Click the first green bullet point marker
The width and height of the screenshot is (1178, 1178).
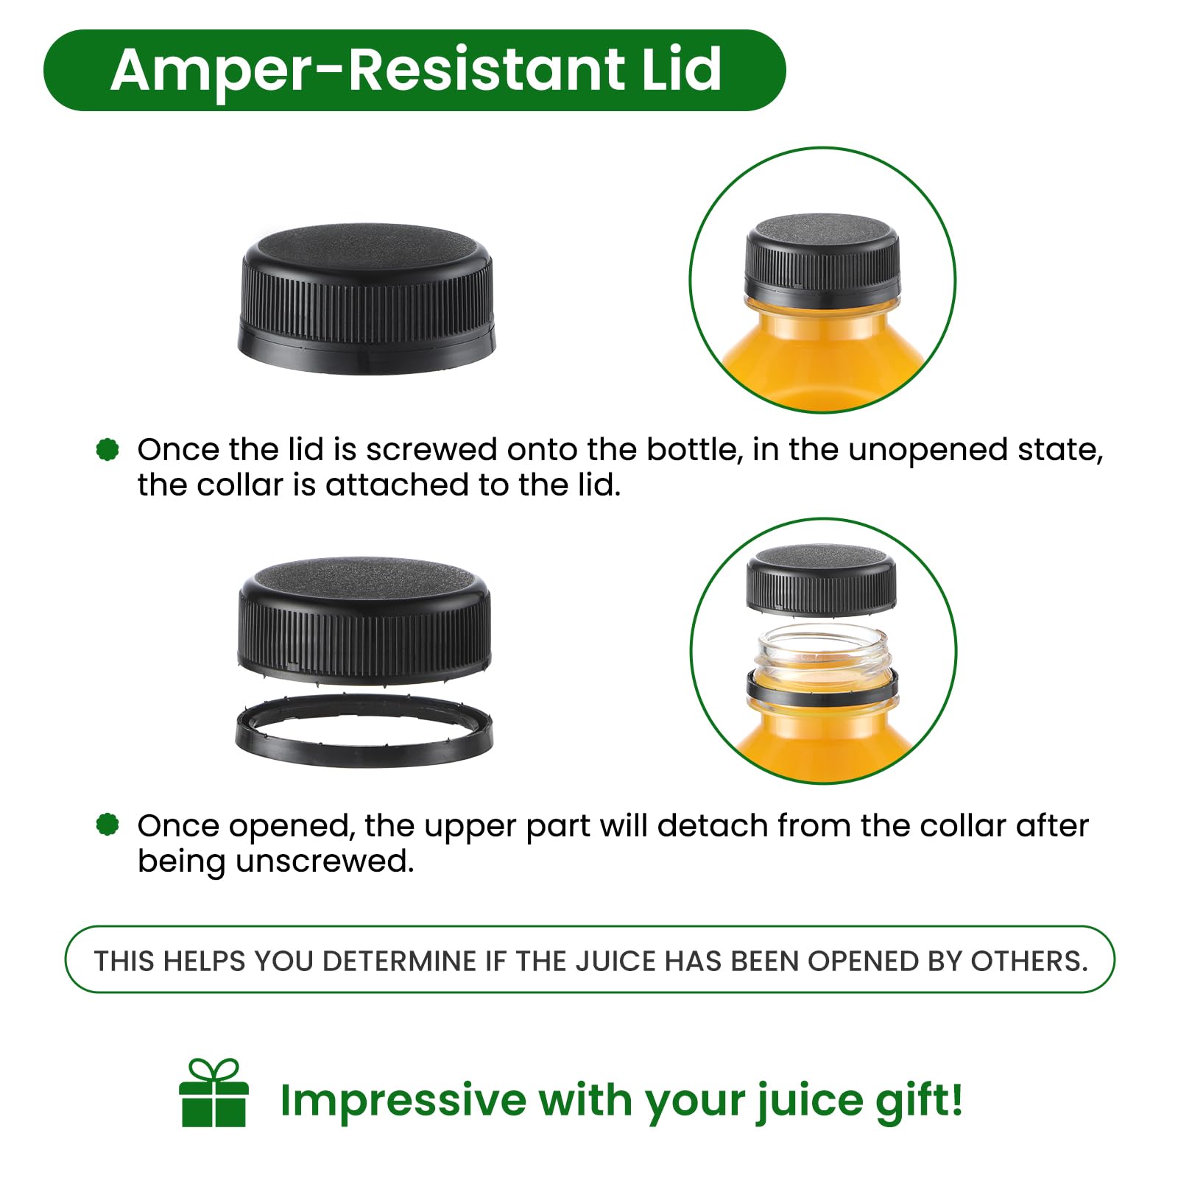(107, 449)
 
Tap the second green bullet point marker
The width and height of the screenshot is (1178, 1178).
(107, 825)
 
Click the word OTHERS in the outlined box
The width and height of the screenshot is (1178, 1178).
(1029, 962)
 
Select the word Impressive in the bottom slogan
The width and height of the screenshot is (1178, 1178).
(403, 1101)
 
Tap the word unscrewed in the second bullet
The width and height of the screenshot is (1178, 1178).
(324, 861)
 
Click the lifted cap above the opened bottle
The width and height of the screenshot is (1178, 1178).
(822, 581)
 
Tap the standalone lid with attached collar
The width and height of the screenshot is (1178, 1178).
(367, 299)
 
